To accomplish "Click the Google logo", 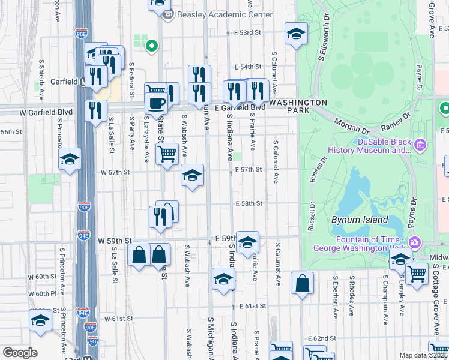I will [19, 353].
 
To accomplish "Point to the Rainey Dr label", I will [396, 122].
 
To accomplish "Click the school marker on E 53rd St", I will [295, 34].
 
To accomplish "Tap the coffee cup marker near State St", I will [156, 103].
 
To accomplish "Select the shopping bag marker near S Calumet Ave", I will [303, 283].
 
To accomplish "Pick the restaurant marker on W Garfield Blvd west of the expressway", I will [95, 110].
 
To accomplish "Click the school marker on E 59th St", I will [247, 242].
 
